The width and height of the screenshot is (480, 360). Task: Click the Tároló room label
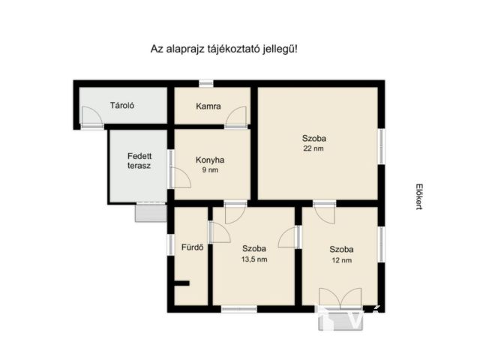click(122, 106)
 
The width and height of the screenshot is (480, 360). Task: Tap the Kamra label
click(208, 106)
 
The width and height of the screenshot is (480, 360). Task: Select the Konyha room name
click(210, 160)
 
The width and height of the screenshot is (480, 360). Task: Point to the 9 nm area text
click(210, 170)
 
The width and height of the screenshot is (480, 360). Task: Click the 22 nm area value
click(313, 148)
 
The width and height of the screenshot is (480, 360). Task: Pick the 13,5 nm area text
click(254, 259)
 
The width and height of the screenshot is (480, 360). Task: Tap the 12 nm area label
click(342, 260)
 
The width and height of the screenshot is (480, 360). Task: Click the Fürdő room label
click(192, 247)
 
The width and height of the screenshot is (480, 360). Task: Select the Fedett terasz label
click(139, 161)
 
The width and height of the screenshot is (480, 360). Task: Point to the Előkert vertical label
click(418, 196)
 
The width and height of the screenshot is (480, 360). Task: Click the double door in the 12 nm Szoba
click(340, 297)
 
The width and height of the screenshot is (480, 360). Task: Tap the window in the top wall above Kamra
click(206, 83)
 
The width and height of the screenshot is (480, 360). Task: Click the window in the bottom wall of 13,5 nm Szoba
click(239, 309)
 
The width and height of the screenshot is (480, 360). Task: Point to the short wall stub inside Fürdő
click(181, 283)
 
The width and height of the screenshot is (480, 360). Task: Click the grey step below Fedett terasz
click(151, 213)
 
